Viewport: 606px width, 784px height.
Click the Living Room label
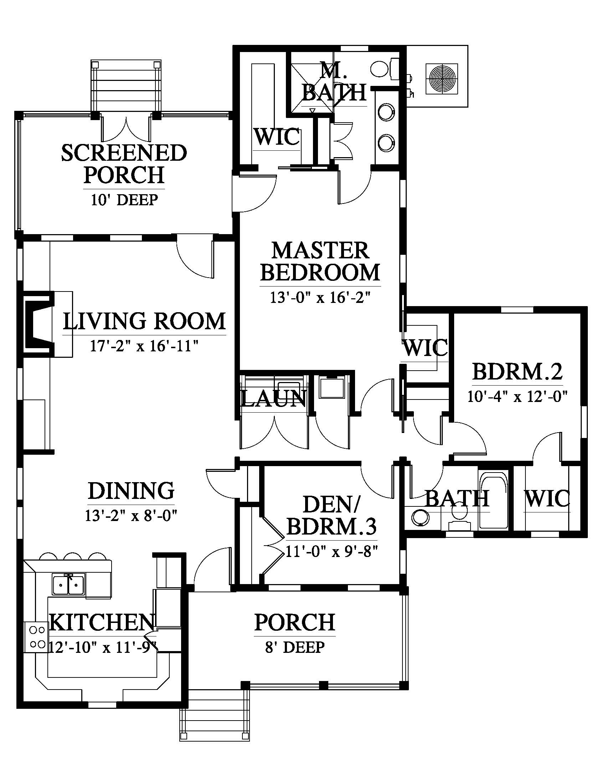pos(144,321)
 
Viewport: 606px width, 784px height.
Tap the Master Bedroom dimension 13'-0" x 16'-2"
pos(320,298)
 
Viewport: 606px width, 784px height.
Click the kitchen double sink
pos(69,584)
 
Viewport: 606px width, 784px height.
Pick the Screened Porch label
pos(124,164)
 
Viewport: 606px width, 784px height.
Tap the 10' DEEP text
pos(124,200)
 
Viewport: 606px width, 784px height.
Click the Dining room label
pos(131,491)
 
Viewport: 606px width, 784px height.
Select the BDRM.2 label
pos(517,372)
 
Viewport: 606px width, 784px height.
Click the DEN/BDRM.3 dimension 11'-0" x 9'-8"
pos(332,551)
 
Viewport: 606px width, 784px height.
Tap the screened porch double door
pos(125,128)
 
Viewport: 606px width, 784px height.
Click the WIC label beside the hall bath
pos(547,499)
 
